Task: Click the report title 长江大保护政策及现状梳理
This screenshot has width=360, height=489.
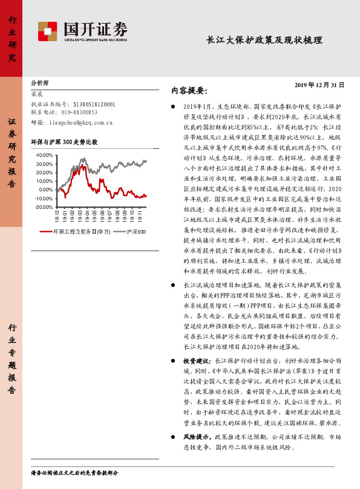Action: click(264, 41)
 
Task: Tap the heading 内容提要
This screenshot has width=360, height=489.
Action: click(189, 91)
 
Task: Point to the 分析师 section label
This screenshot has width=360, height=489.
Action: click(40, 82)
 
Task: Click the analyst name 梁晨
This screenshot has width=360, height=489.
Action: click(37, 94)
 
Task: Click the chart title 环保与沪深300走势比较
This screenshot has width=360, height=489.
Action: click(64, 142)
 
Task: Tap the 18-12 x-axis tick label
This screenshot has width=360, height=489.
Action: click(57, 216)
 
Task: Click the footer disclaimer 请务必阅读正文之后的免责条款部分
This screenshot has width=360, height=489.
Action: click(74, 473)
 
